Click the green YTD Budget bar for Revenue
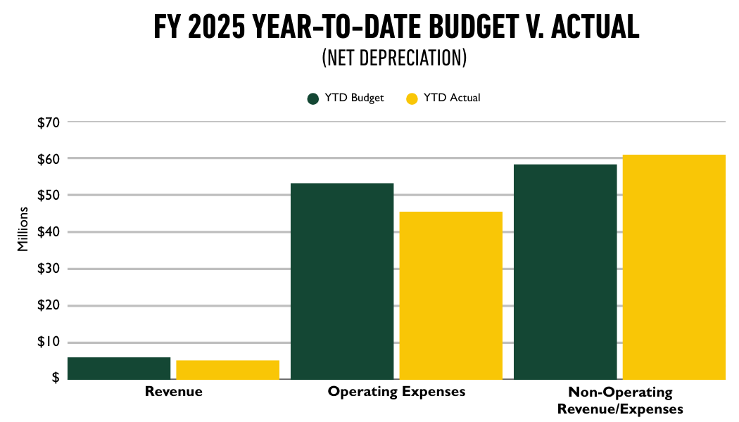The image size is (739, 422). coord(119,369)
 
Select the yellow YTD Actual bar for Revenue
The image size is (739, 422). coord(227,370)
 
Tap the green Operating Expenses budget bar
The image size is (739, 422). coord(342,281)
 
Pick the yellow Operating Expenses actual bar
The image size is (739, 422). coord(451,295)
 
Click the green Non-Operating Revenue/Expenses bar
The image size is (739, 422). coord(565,272)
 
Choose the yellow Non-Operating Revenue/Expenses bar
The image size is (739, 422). coord(674,267)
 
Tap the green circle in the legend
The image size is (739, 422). coord(313,98)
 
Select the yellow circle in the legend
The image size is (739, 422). coord(412,98)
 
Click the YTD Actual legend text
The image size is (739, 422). coord(452,98)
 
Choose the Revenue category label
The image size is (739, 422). coord(173,392)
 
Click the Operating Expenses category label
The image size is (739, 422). coord(396,392)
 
